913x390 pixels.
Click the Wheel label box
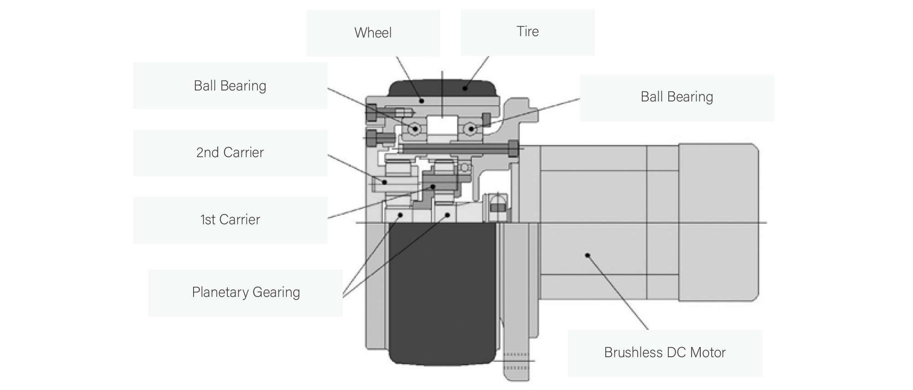(373, 33)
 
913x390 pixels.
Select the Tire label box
(527, 32)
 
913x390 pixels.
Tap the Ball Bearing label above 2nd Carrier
(230, 86)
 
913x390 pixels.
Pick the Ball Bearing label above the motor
(677, 97)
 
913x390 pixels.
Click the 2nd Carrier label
(230, 153)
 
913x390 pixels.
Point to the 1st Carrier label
(230, 220)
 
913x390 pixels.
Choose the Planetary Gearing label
(246, 292)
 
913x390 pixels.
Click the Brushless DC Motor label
(665, 353)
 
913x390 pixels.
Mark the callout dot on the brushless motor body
(588, 255)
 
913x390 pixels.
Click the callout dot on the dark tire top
(465, 88)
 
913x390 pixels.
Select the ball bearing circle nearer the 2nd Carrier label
(415, 129)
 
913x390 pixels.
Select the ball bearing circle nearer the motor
(471, 129)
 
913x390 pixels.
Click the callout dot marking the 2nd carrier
(385, 182)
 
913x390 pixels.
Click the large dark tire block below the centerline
(442, 292)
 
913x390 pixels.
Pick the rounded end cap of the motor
(719, 222)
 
